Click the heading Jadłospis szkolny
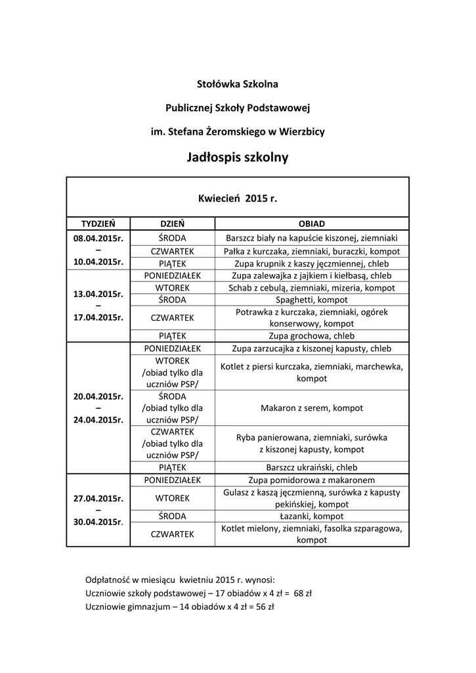(x=238, y=158)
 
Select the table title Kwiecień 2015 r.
(x=238, y=197)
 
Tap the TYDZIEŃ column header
(x=98, y=223)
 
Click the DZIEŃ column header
(x=173, y=223)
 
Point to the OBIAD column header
(x=312, y=223)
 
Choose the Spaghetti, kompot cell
(x=312, y=300)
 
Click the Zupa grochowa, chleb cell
(x=312, y=336)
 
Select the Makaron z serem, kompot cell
(x=312, y=408)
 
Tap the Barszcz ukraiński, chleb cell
(x=312, y=468)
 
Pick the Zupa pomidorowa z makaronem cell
(x=312, y=480)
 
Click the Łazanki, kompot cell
(x=312, y=516)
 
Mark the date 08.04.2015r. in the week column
(x=98, y=237)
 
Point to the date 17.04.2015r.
(x=98, y=317)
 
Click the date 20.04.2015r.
(x=98, y=396)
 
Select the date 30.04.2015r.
(x=98, y=522)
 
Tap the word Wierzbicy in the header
(x=303, y=131)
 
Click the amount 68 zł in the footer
(x=303, y=593)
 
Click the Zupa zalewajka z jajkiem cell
(x=312, y=275)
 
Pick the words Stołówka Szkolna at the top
(x=238, y=84)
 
